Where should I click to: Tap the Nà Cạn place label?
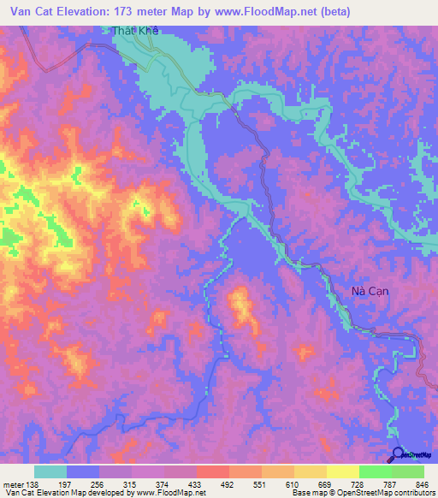pos(370,291)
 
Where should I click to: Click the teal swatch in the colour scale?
pos(50,471)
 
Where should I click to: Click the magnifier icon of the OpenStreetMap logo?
pos(399,454)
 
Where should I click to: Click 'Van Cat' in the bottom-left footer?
pos(17,491)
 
